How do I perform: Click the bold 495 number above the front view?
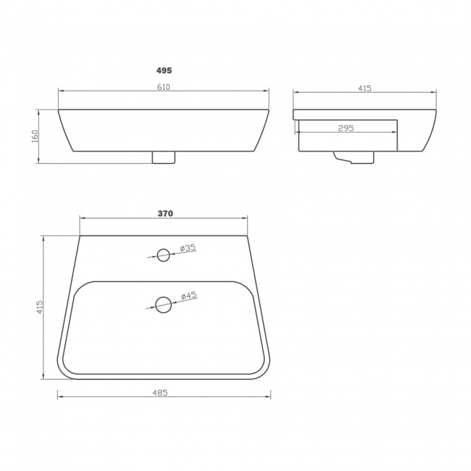pyautogui.click(x=164, y=71)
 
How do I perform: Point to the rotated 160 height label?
pyautogui.click(x=35, y=136)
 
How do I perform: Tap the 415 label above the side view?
pyautogui.click(x=364, y=88)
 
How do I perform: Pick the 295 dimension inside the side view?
pyautogui.click(x=346, y=128)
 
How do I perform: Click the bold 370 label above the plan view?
pyautogui.click(x=164, y=214)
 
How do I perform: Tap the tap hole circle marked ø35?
pyautogui.click(x=164, y=254)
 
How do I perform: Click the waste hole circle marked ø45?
pyautogui.click(x=164, y=304)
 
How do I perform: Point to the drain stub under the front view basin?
pyautogui.click(x=164, y=157)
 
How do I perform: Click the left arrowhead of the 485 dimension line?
pyautogui.click(x=59, y=397)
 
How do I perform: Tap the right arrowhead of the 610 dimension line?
pyautogui.click(x=267, y=91)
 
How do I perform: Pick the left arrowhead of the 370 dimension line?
pyautogui.click(x=81, y=218)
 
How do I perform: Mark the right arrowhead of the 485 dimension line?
pyautogui.click(x=269, y=397)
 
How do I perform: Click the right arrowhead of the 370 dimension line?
pyautogui.click(x=247, y=218)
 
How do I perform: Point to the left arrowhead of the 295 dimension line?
pyautogui.click(x=299, y=133)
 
